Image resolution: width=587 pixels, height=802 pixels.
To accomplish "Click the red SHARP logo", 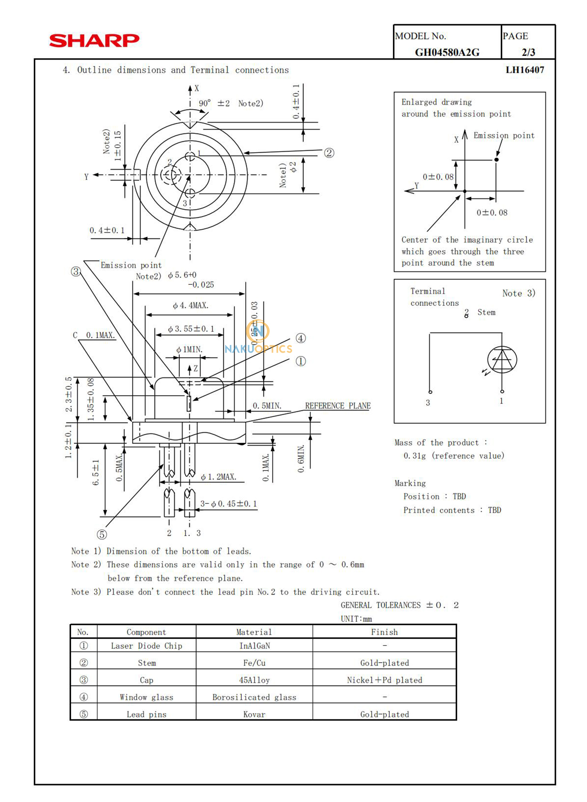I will point(94,40).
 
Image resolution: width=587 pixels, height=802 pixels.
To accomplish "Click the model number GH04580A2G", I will point(447,52).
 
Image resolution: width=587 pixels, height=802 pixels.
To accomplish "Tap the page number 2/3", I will point(528,52).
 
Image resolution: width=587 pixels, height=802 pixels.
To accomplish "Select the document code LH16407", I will point(525,70).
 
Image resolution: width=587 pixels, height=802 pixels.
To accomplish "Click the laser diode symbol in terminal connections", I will point(502,360).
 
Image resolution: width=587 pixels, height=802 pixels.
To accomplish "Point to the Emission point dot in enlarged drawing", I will point(496,160).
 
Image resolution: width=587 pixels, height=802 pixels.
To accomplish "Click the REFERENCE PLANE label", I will point(338,406).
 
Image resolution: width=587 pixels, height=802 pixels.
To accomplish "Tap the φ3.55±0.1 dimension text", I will point(191,329).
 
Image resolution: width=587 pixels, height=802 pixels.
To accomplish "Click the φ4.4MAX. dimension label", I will point(190,305).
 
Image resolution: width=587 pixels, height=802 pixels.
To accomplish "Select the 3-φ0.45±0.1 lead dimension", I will point(228,503).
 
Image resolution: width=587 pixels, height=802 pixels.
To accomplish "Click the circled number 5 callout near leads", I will point(102,534).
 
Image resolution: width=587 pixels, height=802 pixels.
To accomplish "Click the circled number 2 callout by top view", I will point(329,153).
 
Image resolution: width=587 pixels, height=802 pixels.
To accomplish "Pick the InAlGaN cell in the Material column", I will point(255,646).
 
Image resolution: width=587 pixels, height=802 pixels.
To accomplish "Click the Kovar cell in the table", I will point(255,714).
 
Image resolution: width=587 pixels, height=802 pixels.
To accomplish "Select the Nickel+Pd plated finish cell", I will point(384,680).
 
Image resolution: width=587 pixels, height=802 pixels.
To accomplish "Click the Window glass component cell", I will point(146,697).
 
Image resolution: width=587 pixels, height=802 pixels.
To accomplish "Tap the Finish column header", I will point(384,632).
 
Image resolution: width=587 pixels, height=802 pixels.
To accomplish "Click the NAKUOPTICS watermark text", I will point(258,348).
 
